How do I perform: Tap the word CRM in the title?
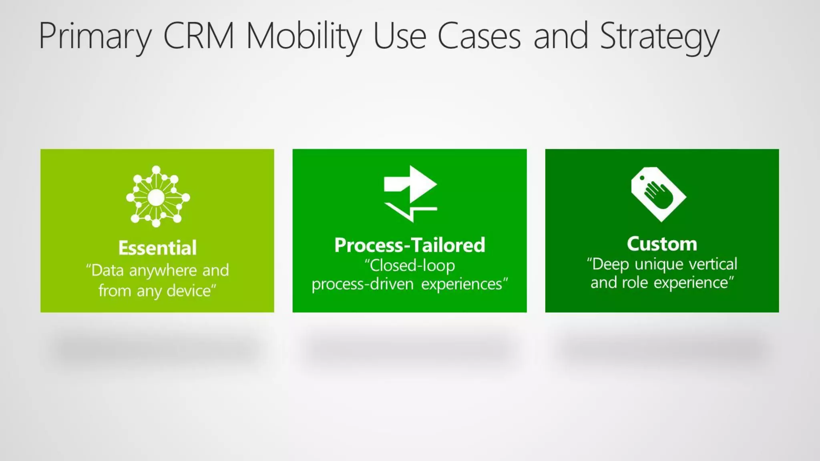[199, 36]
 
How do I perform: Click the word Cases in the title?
[479, 36]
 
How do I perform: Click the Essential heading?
[157, 248]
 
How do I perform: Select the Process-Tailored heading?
[410, 245]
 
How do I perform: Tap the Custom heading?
[662, 244]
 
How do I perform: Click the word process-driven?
[362, 284]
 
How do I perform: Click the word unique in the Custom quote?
[659, 265]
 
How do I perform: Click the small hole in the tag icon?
[642, 178]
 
